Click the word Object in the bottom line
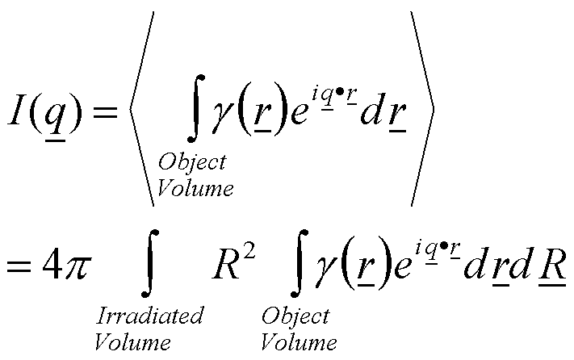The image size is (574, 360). point(295,316)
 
